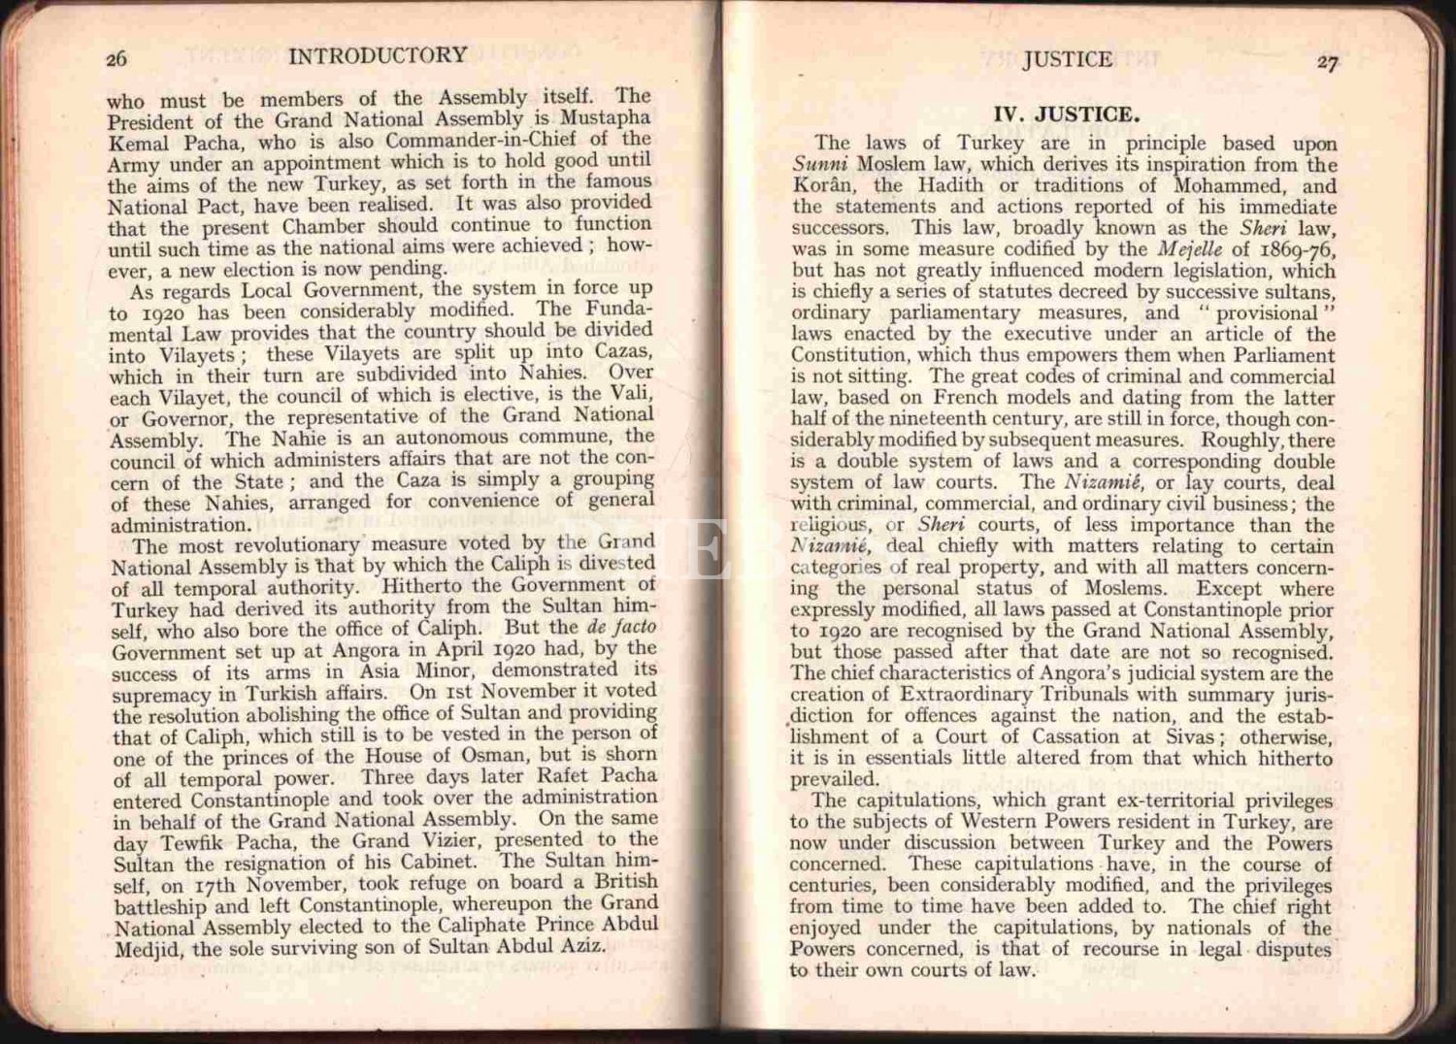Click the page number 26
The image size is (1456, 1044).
pyautogui.click(x=116, y=59)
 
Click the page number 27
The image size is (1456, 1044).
pyautogui.click(x=1328, y=63)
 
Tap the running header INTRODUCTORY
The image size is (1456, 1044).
pyautogui.click(x=378, y=55)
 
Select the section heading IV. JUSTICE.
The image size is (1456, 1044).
pyautogui.click(x=1065, y=114)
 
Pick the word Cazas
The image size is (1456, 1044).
pyautogui.click(x=622, y=352)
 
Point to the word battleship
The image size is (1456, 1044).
pyautogui.click(x=160, y=907)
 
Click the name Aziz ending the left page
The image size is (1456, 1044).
pyautogui.click(x=582, y=945)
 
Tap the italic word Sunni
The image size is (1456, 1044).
pyautogui.click(x=820, y=165)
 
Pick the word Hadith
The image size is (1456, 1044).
pyautogui.click(x=951, y=186)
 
